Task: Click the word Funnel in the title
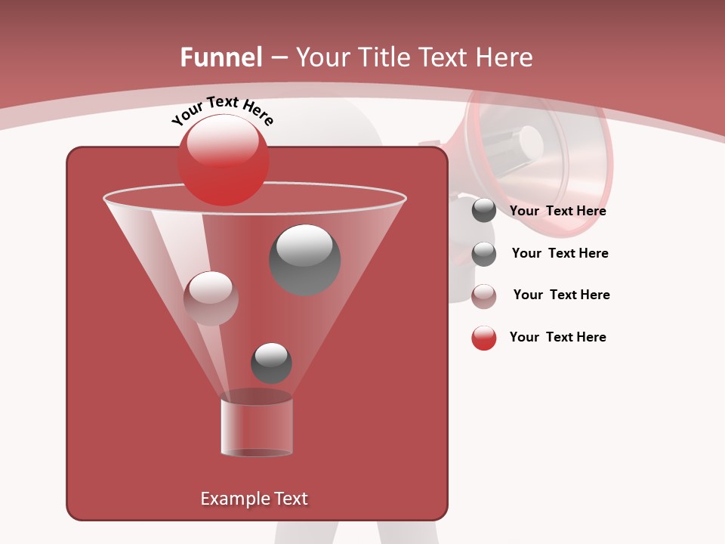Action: click(x=221, y=57)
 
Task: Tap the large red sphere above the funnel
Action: click(x=223, y=159)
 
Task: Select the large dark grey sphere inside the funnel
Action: click(x=305, y=259)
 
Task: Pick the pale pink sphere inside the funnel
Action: click(x=211, y=298)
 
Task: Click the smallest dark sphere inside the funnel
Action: click(x=271, y=363)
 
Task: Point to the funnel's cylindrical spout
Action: click(x=257, y=426)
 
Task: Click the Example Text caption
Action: click(x=254, y=499)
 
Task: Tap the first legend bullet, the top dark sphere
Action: click(x=484, y=211)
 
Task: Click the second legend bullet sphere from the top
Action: click(x=484, y=254)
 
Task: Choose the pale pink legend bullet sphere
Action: click(x=484, y=296)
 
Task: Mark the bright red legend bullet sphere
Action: click(x=484, y=338)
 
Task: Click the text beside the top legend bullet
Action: click(x=557, y=211)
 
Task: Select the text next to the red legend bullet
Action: click(x=557, y=337)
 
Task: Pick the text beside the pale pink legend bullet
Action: click(x=561, y=295)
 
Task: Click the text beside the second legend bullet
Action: click(x=560, y=253)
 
